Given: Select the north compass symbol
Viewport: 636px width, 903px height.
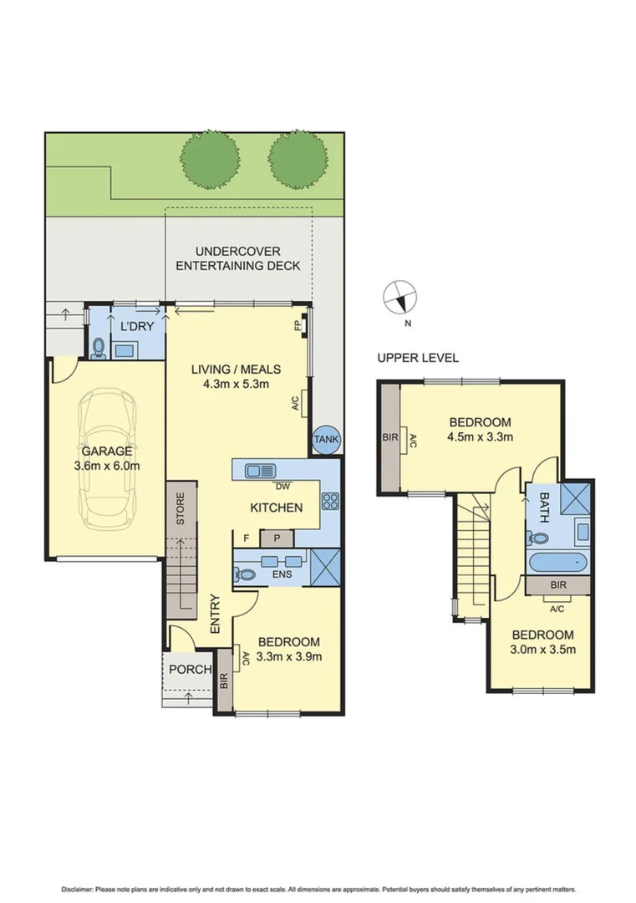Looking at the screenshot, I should [399, 298].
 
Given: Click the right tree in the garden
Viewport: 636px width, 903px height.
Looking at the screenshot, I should [298, 159].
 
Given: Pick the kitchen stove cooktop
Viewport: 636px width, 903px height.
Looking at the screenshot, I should [330, 503].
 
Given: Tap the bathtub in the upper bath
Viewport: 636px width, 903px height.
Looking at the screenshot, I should [559, 562].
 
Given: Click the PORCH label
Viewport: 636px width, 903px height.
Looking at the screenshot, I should [190, 670].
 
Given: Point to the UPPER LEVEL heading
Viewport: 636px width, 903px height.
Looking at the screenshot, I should [418, 358].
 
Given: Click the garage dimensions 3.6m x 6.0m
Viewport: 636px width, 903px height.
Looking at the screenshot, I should [106, 466].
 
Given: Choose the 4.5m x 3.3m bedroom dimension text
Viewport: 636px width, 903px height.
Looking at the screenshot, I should [480, 436].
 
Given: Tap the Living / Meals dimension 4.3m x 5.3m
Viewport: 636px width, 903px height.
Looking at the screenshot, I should [236, 385].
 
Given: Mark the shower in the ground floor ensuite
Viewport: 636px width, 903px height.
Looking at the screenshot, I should [324, 566].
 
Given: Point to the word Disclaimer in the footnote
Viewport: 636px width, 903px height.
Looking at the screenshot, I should [79, 889].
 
